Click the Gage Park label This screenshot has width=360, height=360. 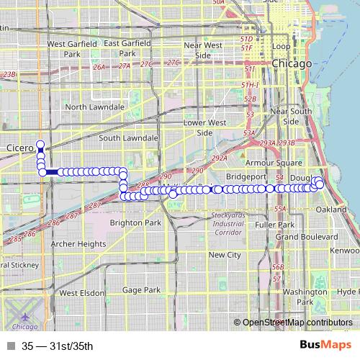pos(142,289)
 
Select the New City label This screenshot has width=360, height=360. pos(224,255)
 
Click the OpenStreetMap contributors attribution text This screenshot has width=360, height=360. pos(297,323)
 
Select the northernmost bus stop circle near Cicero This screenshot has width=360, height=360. pos(41,143)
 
